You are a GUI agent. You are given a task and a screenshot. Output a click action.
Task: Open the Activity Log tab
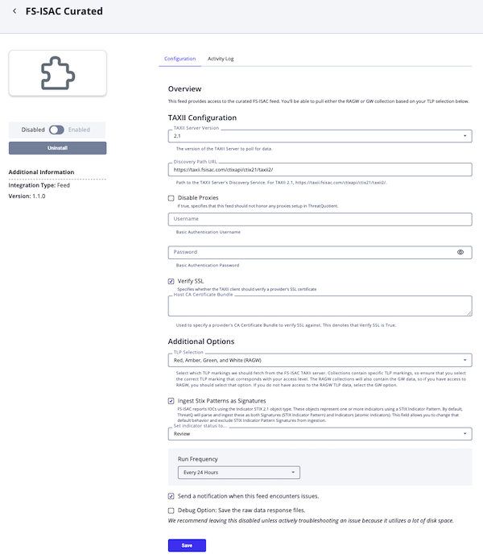(221, 59)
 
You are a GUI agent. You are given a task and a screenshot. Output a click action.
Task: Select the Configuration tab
(180, 59)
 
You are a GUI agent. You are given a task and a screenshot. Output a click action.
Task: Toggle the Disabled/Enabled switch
(56, 130)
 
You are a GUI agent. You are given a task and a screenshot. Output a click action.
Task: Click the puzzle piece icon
(57, 73)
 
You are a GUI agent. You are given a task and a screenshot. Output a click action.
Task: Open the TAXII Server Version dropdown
(320, 136)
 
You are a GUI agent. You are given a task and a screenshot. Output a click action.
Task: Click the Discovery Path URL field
(320, 170)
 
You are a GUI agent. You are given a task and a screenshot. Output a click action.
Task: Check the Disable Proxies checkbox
(171, 197)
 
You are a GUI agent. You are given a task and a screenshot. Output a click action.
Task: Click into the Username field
(320, 219)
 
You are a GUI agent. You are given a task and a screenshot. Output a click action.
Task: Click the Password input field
(310, 252)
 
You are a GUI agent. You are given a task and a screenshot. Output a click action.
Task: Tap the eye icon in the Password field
(460, 252)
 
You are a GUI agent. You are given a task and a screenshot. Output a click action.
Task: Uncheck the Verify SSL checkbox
(171, 281)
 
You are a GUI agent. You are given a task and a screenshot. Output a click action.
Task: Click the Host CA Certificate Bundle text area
(320, 306)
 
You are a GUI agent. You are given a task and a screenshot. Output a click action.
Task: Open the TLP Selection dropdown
(320, 360)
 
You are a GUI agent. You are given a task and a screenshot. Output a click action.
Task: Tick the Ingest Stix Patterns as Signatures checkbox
(171, 400)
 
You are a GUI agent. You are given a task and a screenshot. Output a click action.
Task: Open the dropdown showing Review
(320, 434)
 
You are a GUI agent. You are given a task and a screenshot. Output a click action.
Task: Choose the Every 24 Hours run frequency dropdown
(238, 472)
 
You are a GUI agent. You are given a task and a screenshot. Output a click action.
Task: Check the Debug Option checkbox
(171, 510)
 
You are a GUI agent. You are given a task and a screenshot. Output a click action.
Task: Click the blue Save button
(187, 545)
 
